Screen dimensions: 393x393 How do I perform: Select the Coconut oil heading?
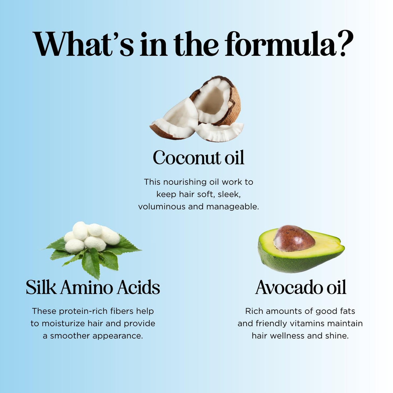(198, 158)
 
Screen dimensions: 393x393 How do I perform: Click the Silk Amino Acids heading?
(93, 287)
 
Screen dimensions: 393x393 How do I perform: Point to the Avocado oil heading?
(300, 287)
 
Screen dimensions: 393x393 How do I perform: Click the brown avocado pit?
(294, 238)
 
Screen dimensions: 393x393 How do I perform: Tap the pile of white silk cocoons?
(92, 236)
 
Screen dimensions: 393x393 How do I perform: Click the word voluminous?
(162, 207)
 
